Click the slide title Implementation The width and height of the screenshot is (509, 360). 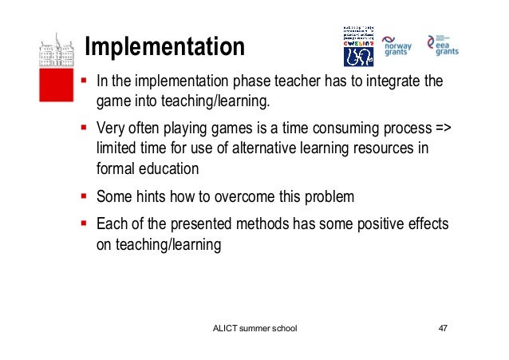[165, 46]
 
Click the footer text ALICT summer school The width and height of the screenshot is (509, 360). [254, 329]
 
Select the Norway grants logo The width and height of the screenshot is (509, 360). [397, 46]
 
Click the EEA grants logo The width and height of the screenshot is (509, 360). [443, 45]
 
